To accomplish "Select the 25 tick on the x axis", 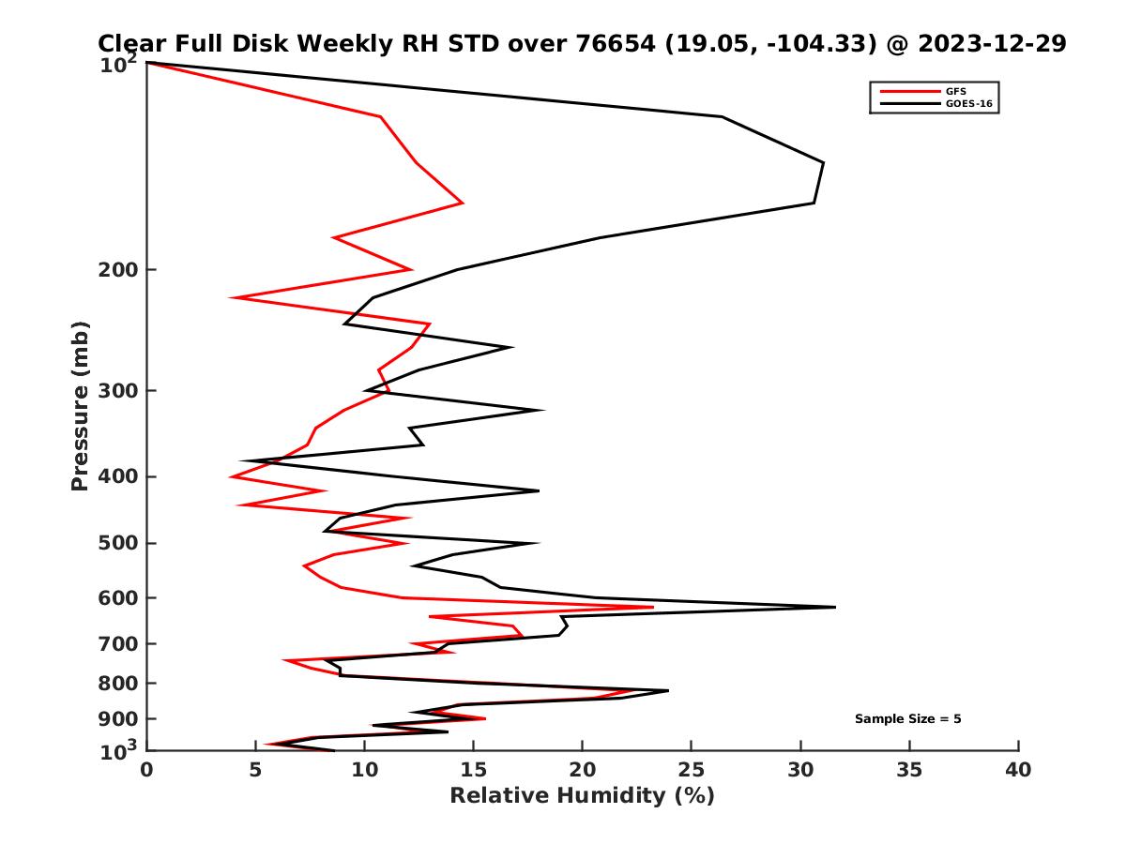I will [x=692, y=770].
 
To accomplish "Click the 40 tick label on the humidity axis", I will [x=1018, y=770].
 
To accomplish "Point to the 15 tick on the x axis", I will [x=474, y=770].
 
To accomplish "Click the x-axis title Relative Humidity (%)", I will [x=582, y=796].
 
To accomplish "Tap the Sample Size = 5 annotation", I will [x=907, y=719].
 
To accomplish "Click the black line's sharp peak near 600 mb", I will [x=834, y=607].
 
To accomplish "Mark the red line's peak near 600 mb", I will [x=652, y=607].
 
